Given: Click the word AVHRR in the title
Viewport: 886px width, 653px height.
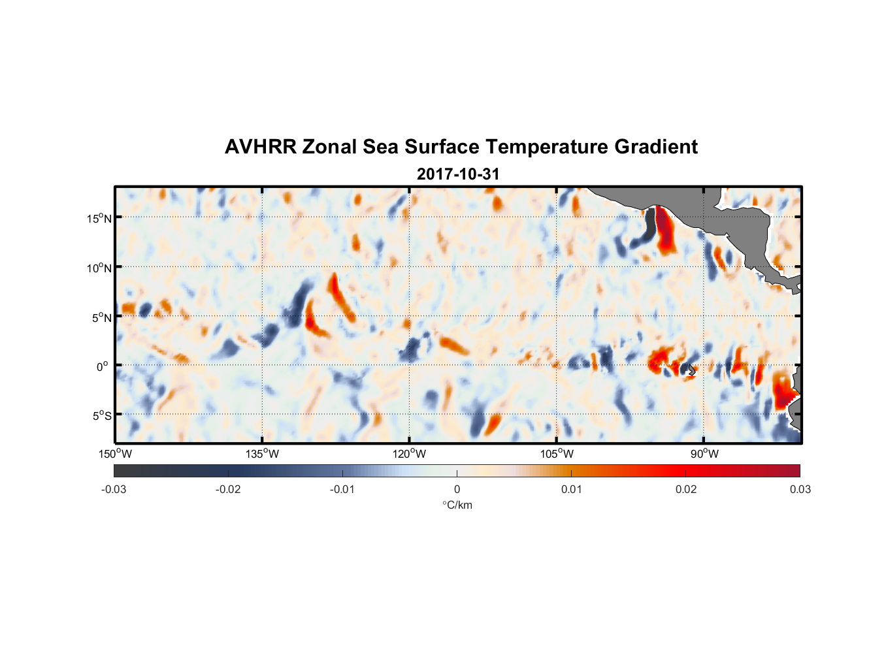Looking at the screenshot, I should pyautogui.click(x=260, y=147).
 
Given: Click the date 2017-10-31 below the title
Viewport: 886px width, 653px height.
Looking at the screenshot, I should pyautogui.click(x=458, y=174).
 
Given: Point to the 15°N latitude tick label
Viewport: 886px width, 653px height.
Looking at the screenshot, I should pyautogui.click(x=99, y=218).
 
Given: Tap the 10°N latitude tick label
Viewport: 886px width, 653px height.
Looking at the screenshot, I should pyautogui.click(x=99, y=268).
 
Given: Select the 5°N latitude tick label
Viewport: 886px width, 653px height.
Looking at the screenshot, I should pyautogui.click(x=102, y=317).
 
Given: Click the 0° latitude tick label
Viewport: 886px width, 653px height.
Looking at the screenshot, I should pyautogui.click(x=103, y=367).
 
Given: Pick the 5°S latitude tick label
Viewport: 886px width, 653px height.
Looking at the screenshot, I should pyautogui.click(x=102, y=416).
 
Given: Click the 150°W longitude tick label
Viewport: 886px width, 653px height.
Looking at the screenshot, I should pyautogui.click(x=115, y=454).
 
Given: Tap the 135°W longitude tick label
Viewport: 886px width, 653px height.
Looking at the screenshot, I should pyautogui.click(x=263, y=454).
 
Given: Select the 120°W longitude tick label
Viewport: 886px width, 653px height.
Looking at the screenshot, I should pyautogui.click(x=410, y=454).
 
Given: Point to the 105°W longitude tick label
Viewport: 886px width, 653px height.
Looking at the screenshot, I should pyautogui.click(x=557, y=454).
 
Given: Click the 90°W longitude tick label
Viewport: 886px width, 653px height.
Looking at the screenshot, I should pyautogui.click(x=704, y=454).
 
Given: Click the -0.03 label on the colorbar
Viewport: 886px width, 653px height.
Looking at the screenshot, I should pyautogui.click(x=114, y=489).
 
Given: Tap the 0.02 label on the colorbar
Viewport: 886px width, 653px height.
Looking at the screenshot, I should pyautogui.click(x=686, y=489).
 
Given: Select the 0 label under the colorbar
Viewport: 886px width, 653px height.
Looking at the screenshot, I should pyautogui.click(x=457, y=489).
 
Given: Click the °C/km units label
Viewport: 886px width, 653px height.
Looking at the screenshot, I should pyautogui.click(x=457, y=505).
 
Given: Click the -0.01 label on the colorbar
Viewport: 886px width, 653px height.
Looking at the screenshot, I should pyautogui.click(x=342, y=489).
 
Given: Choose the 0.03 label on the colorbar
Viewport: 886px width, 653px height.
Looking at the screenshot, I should pyautogui.click(x=800, y=489).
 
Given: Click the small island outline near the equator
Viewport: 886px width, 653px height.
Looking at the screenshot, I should pyautogui.click(x=691, y=370).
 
